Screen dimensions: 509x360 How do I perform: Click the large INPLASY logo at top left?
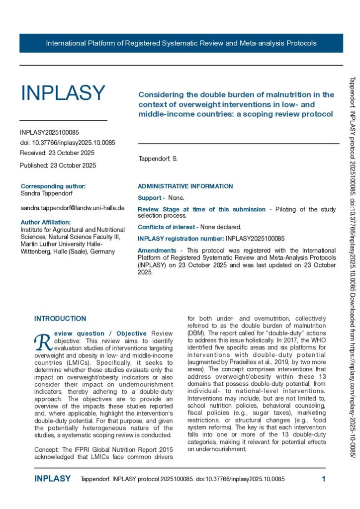click(63, 93)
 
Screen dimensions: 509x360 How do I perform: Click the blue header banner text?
click(181, 43)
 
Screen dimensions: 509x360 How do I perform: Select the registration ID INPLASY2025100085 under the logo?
click(49, 133)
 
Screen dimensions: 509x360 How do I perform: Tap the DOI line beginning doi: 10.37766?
click(68, 143)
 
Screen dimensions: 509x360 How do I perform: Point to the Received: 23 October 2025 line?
click(57, 153)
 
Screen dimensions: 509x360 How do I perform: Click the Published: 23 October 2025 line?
click(58, 165)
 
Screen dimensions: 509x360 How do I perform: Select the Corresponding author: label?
click(53, 186)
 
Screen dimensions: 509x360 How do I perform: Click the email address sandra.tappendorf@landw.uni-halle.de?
click(73, 208)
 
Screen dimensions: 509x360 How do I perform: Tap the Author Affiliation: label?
click(46, 222)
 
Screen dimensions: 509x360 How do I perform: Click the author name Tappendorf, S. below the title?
click(158, 159)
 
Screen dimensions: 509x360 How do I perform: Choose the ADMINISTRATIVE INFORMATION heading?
click(185, 186)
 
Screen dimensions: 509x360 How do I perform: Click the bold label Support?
click(150, 198)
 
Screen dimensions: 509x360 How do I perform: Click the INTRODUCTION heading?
click(60, 319)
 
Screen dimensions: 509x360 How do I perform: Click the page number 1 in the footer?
click(323, 479)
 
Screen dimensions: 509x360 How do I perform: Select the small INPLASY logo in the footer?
click(53, 479)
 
